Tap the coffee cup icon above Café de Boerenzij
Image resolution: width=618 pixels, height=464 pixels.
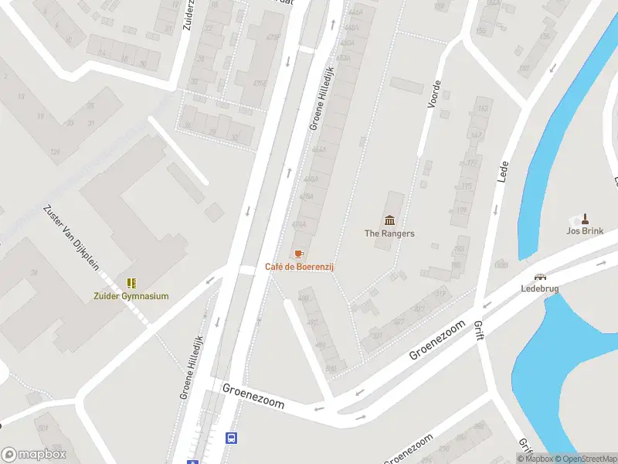tap(300, 254)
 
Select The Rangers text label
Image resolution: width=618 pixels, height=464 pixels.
tap(389, 233)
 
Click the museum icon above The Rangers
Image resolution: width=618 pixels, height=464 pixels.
tap(389, 220)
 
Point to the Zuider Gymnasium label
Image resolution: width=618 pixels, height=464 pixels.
tap(131, 295)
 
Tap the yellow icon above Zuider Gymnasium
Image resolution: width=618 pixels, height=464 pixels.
tap(131, 283)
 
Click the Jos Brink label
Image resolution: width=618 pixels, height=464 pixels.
tap(585, 230)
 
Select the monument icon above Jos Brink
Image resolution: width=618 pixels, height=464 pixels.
tap(585, 218)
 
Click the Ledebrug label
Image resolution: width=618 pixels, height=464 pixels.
tap(540, 289)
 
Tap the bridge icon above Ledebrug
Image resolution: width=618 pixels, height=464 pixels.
tap(540, 277)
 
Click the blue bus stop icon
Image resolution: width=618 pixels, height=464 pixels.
tap(230, 438)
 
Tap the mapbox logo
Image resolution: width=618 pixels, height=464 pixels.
tap(34, 455)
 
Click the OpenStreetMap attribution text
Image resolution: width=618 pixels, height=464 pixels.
tap(586, 459)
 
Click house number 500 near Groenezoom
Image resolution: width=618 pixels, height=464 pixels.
tap(332, 368)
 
